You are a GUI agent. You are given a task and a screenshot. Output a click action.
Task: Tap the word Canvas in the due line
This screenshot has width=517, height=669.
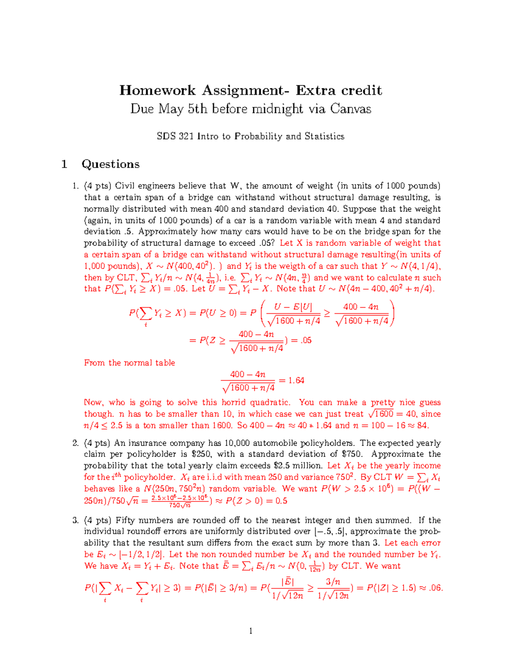point(351,109)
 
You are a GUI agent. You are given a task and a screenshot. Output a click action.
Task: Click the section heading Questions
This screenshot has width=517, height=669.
point(110,164)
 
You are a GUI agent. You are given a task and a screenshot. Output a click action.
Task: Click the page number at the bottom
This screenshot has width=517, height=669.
point(251,631)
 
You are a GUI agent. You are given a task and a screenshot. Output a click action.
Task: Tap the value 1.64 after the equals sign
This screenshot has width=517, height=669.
point(296,380)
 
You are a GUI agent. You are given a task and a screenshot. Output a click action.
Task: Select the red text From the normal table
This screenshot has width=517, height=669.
point(129,363)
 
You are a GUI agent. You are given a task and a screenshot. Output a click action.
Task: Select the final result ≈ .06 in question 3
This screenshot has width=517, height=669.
point(431,588)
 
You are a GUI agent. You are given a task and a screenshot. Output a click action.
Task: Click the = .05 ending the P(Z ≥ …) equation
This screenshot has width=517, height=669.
point(302,340)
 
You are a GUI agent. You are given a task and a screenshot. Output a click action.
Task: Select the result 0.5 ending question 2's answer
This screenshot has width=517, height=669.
point(281,501)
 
